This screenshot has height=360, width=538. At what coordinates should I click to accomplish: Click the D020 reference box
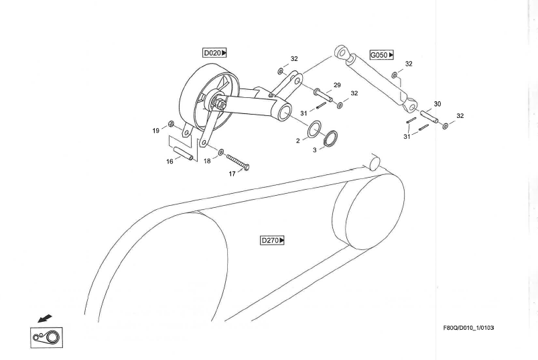(x=214, y=52)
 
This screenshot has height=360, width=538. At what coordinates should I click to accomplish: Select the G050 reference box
(x=381, y=54)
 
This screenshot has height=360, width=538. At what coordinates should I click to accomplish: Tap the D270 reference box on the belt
(x=273, y=239)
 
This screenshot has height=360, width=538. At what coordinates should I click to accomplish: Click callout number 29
(x=337, y=85)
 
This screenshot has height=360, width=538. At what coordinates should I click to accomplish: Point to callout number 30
(x=438, y=104)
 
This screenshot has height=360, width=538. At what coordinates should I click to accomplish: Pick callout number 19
(x=155, y=131)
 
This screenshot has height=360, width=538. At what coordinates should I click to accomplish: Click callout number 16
(x=170, y=161)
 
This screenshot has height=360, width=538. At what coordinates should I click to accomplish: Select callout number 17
(x=232, y=174)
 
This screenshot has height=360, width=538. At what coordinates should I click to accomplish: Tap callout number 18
(x=207, y=162)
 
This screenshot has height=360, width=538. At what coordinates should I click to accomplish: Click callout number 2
(x=298, y=141)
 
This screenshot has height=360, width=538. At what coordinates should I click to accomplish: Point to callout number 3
(x=314, y=150)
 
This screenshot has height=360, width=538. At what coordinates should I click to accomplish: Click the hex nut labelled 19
(x=172, y=123)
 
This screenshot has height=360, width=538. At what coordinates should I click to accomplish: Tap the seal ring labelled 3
(x=329, y=139)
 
